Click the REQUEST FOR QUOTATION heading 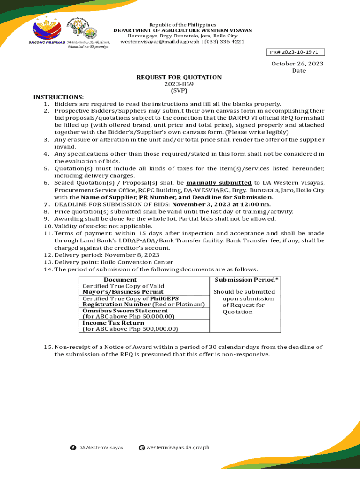tap(179, 77)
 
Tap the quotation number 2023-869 tap(179, 84)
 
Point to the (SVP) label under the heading tap(179, 91)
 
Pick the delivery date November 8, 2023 tap(132, 255)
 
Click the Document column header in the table tap(120, 280)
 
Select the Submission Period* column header tap(246, 280)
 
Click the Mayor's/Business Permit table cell tap(123, 292)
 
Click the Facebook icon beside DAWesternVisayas tap(73, 448)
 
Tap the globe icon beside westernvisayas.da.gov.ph tap(142, 448)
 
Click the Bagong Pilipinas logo tap(47, 30)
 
